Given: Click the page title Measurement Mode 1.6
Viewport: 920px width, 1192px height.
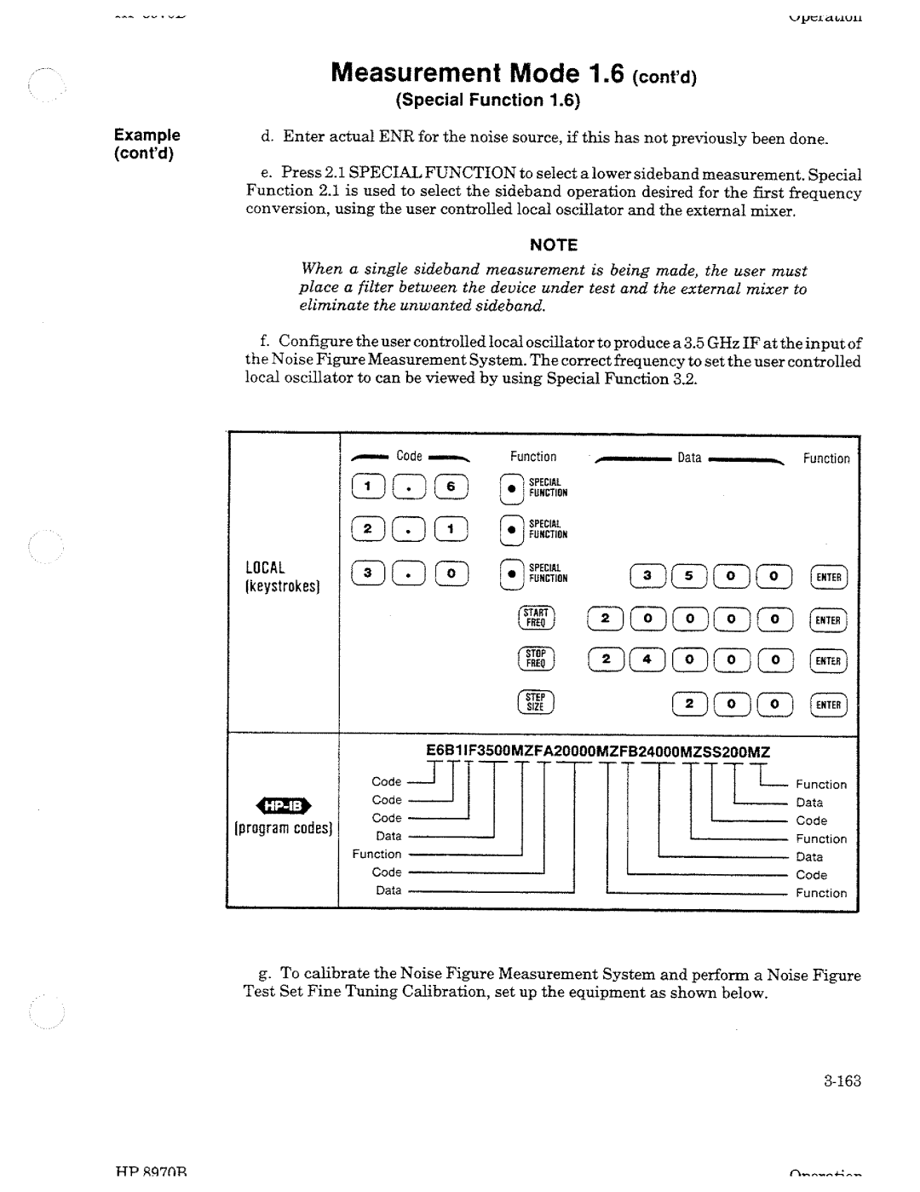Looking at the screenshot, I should click(514, 72).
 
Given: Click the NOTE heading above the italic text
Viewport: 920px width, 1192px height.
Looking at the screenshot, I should click(554, 245).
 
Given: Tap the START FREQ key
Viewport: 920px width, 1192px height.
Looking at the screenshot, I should click(537, 618).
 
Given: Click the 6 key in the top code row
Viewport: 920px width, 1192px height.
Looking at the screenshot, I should click(451, 487).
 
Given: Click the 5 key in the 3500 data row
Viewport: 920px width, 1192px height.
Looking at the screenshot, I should click(689, 577).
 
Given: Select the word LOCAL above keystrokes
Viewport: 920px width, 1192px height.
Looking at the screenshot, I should click(265, 567).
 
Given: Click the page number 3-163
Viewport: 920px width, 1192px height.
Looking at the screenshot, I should click(842, 1081).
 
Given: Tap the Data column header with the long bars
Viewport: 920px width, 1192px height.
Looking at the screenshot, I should click(689, 458).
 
